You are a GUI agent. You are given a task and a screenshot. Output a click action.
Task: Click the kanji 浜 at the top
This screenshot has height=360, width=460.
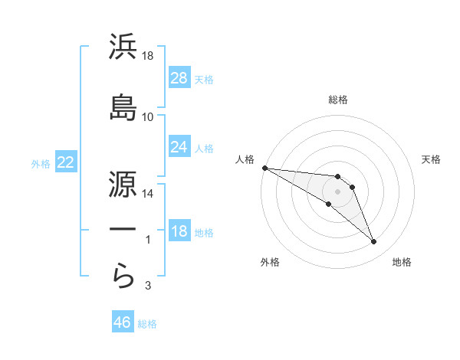point(123,47)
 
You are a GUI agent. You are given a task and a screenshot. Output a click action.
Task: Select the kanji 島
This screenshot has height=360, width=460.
point(123,106)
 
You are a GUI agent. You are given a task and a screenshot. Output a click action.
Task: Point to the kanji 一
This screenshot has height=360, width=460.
point(123,230)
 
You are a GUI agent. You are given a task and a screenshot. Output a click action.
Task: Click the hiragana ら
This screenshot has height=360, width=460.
point(123,275)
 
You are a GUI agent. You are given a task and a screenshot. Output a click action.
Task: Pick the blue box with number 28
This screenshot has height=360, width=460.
point(179,78)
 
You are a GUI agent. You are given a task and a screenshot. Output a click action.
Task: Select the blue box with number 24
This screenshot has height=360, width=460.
point(179,146)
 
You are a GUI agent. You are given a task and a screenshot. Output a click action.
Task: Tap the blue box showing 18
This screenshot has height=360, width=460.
point(179,231)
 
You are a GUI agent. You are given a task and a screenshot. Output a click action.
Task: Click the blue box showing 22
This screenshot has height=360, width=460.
point(65,162)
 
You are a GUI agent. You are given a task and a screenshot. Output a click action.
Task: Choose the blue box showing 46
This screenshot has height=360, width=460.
point(123,322)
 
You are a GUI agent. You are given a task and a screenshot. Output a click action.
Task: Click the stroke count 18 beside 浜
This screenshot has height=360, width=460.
point(148,57)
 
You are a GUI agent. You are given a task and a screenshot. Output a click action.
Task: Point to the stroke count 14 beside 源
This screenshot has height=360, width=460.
point(148,193)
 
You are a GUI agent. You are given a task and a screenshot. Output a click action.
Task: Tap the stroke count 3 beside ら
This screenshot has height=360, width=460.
point(148,286)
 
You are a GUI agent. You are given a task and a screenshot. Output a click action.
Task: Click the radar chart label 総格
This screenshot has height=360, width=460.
point(338,100)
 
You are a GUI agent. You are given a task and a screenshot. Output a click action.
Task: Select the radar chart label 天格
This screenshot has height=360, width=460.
point(432,159)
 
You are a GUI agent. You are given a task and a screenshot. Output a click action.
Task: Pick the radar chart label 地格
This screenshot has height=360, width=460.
point(402,262)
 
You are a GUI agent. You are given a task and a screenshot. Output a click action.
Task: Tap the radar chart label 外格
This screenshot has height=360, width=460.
point(270,262)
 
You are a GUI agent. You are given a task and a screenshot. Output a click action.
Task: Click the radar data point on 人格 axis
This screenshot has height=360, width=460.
point(264,168)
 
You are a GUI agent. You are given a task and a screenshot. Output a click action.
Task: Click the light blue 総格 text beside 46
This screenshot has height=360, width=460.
point(147,324)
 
